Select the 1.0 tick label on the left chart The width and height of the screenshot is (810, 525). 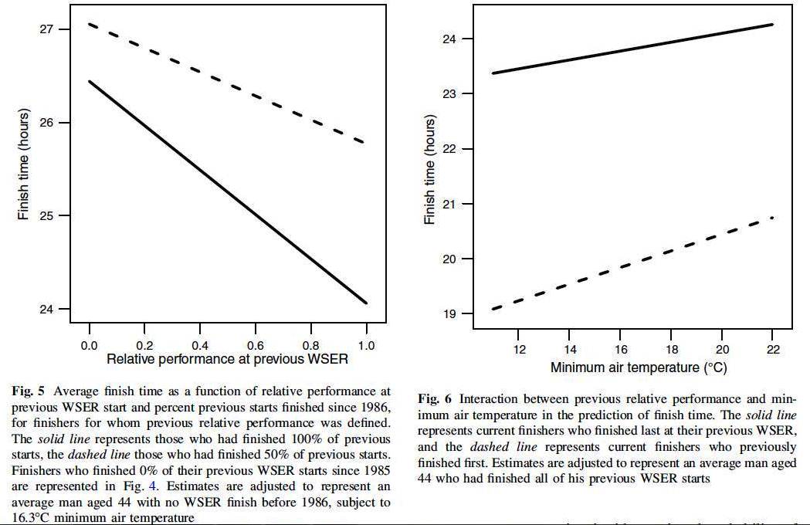[366, 346]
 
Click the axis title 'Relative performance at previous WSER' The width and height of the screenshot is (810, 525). [227, 360]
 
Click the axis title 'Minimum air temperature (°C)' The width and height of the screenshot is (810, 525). [639, 367]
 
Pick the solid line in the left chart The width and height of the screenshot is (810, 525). [228, 192]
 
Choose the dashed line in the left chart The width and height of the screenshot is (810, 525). [228, 84]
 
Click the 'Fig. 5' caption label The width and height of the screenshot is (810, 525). [27, 391]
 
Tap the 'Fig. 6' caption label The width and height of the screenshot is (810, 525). [434, 398]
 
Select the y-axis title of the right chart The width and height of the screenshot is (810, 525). [430, 170]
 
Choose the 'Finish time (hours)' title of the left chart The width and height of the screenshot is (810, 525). [24, 165]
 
